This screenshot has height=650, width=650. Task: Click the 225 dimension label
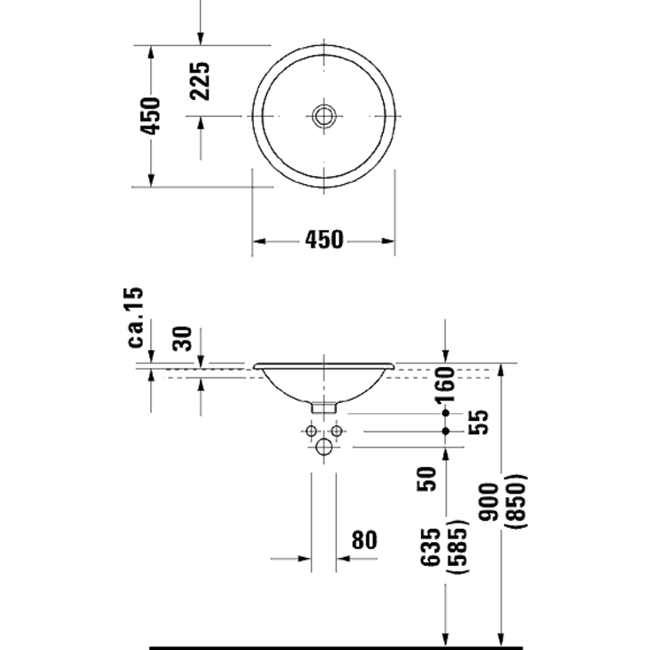pyautogui.click(x=200, y=80)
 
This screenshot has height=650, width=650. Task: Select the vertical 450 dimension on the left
pyautogui.click(x=149, y=116)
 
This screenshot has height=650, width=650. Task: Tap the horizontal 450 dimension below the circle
pyautogui.click(x=325, y=240)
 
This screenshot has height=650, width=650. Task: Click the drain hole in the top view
pyautogui.click(x=324, y=116)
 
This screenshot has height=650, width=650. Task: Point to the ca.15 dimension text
pyautogui.click(x=135, y=317)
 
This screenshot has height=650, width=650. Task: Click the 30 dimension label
pyautogui.click(x=183, y=338)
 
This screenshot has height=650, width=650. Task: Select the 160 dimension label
pyautogui.click(x=445, y=385)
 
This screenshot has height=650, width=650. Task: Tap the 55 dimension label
pyautogui.click(x=478, y=422)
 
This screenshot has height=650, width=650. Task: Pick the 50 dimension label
pyautogui.click(x=427, y=478)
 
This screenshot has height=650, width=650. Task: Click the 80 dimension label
pyautogui.click(x=364, y=539)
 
